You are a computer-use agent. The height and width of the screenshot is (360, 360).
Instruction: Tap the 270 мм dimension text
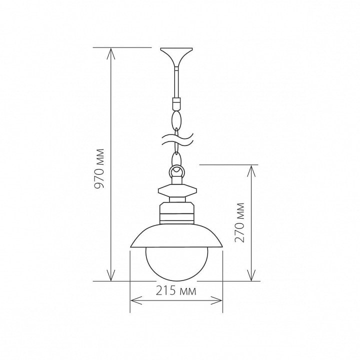click(x=239, y=222)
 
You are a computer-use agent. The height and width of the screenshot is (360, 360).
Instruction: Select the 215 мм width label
click(x=176, y=291)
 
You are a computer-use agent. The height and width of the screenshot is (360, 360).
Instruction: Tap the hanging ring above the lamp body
click(x=176, y=171)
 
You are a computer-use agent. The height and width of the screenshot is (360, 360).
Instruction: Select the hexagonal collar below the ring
click(x=177, y=190)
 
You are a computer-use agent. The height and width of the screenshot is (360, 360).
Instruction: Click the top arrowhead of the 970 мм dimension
click(x=111, y=54)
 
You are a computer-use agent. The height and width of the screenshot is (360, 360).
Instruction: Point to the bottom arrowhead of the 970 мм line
click(x=111, y=275)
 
